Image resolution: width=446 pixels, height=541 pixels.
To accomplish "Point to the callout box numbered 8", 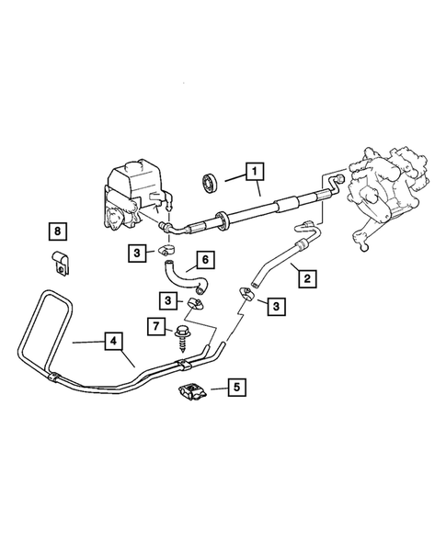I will tap(59, 229).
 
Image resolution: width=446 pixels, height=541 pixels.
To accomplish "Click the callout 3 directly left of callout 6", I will tap(136, 251).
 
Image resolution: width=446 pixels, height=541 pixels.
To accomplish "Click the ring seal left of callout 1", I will tap(209, 179).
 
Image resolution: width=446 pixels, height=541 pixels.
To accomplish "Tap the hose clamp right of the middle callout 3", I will tap(196, 302).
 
